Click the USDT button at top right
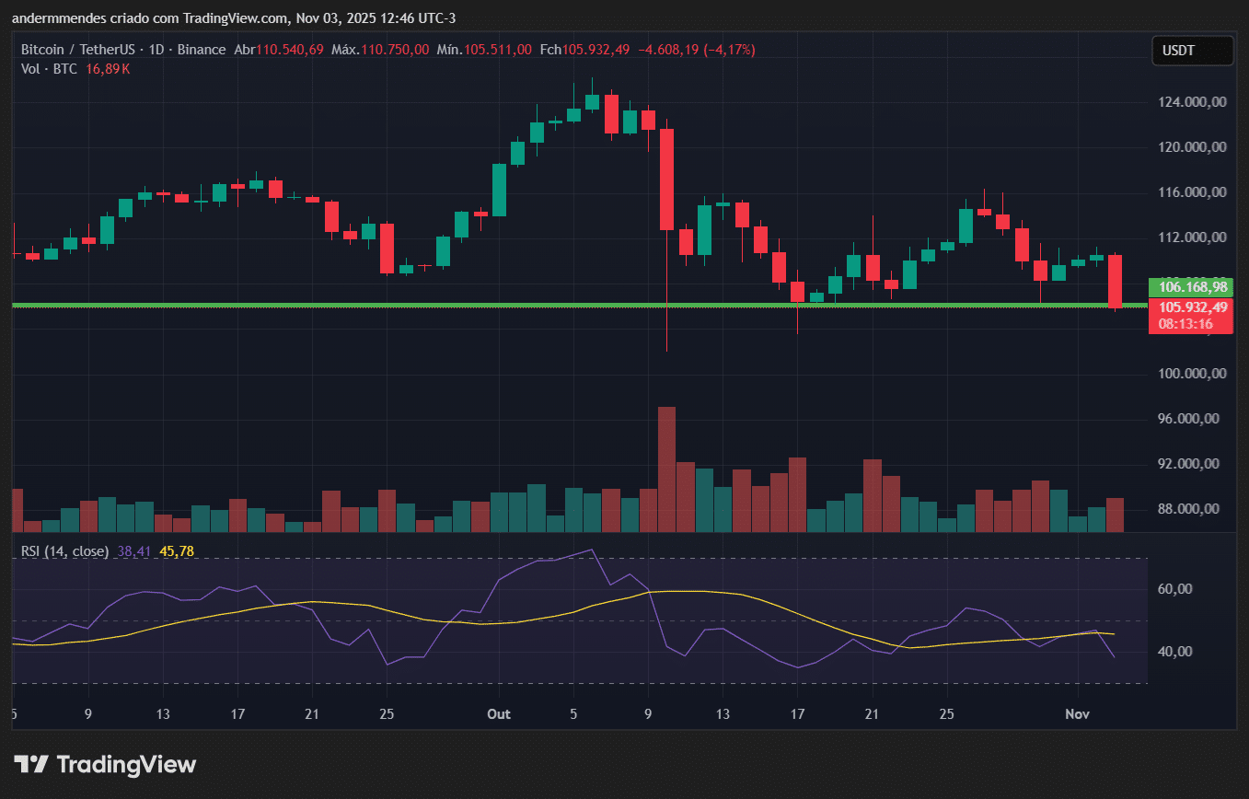1192,51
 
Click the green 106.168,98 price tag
1192,286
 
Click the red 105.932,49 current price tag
1192,307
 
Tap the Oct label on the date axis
499,714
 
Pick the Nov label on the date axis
1077,714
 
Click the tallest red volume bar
667,469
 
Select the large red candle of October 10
667,179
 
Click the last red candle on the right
1115,281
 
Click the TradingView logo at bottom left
105,764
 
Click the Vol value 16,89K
108,69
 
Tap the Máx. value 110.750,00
394,50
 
